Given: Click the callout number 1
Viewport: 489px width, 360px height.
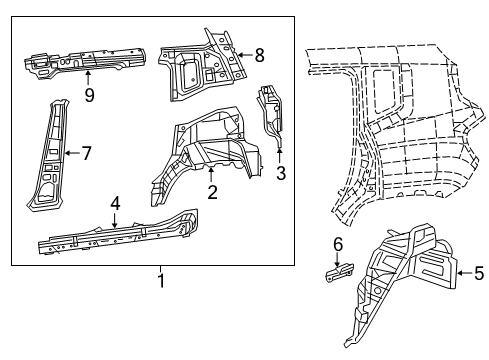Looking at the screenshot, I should [x=160, y=282].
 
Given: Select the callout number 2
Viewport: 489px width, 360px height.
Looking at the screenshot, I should [x=211, y=193].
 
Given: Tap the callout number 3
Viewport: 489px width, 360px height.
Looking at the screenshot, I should [x=281, y=173].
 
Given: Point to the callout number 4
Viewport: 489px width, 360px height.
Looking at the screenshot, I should [x=115, y=203].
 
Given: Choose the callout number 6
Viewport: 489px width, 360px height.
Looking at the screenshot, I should [x=338, y=243].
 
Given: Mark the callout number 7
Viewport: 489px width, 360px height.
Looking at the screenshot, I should [x=86, y=153].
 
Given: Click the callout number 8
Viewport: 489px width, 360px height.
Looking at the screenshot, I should [x=259, y=56].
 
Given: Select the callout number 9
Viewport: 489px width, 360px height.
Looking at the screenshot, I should [x=89, y=96].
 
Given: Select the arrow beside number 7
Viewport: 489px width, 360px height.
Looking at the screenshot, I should [x=70, y=153].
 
